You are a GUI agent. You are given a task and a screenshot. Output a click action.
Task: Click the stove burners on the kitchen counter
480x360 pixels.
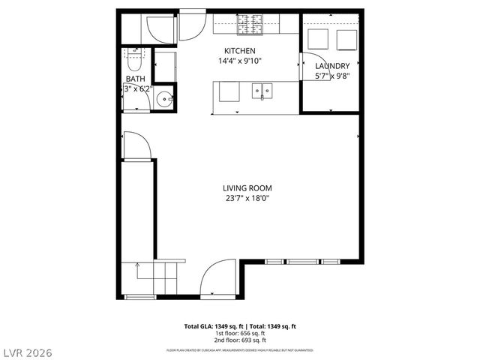(248, 26)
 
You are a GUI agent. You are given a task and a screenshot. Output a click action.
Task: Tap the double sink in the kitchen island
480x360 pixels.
(262, 91)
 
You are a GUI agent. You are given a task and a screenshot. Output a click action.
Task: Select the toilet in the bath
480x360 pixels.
(135, 58)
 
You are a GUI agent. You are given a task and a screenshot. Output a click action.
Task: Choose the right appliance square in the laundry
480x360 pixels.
(347, 39)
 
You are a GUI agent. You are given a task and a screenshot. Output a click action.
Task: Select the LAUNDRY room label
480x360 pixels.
(332, 66)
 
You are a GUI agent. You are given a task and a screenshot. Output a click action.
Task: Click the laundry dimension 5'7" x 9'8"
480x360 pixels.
(332, 75)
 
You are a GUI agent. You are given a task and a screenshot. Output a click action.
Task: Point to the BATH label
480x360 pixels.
(135, 79)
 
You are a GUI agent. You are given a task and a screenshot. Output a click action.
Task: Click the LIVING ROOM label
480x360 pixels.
(247, 188)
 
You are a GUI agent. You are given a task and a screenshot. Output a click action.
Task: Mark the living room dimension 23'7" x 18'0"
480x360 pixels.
(247, 198)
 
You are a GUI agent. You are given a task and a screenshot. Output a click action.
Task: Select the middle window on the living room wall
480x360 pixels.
(302, 262)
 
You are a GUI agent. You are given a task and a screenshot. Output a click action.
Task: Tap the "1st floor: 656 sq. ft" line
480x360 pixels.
(240, 333)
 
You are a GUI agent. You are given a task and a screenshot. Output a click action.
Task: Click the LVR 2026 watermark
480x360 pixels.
(27, 350)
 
